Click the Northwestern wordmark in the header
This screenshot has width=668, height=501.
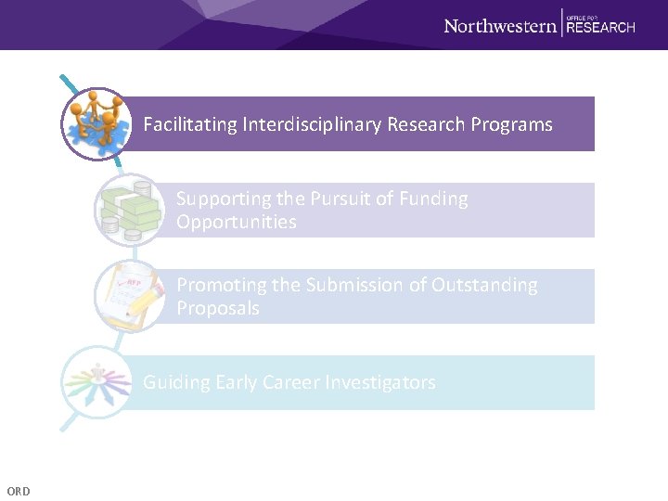tap(499, 26)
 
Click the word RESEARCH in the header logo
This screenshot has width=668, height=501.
tap(600, 28)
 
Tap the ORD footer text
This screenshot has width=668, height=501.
tap(18, 491)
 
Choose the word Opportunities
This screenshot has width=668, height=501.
tap(237, 222)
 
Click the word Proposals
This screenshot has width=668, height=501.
tap(218, 308)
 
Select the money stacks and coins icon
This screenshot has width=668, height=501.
tap(128, 210)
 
